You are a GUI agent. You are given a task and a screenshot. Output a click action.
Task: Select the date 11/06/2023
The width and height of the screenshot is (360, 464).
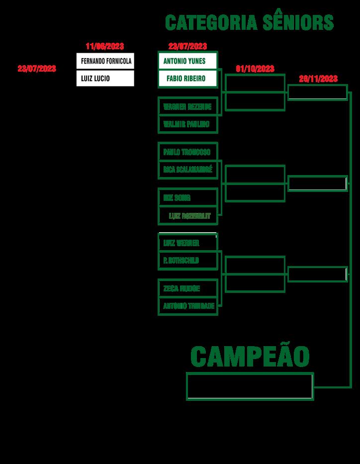[x=105, y=46]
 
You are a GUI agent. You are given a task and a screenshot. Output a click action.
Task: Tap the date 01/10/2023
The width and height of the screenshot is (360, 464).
[x=255, y=69]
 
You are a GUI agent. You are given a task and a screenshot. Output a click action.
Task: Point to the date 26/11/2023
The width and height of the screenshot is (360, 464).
[x=318, y=79]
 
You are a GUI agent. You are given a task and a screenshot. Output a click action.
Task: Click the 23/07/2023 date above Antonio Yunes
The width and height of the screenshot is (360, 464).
[x=187, y=46]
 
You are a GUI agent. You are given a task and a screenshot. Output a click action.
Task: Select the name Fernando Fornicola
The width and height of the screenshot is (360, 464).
[x=105, y=61]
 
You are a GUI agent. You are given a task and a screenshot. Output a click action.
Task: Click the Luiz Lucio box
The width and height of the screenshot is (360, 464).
[x=105, y=79]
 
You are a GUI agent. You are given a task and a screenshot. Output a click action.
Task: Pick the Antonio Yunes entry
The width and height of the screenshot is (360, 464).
[x=187, y=61]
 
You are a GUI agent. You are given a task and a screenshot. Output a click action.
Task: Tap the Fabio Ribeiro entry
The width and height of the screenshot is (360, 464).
[x=187, y=79]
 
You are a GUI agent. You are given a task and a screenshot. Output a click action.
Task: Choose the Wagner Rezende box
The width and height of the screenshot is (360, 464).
[x=187, y=106]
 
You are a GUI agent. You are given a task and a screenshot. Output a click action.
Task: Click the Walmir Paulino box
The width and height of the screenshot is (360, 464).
[x=187, y=124]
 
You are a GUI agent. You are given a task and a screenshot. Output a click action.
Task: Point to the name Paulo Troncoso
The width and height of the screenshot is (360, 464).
[x=187, y=152]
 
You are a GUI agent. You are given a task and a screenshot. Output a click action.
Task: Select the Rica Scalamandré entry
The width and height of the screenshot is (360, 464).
[x=187, y=170]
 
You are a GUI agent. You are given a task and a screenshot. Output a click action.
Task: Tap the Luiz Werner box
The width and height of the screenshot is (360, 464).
[x=187, y=243]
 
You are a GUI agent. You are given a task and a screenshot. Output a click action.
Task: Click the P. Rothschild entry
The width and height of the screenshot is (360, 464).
[x=187, y=260]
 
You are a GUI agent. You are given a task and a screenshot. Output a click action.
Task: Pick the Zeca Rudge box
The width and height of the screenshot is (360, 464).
[x=187, y=288]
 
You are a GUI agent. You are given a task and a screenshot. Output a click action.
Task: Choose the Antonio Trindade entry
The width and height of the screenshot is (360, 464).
[x=187, y=306]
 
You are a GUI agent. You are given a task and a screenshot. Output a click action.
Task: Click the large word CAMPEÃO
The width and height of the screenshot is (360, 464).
[x=250, y=356]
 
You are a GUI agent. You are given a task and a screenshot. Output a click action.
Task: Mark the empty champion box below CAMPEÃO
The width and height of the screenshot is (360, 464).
[x=250, y=386]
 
